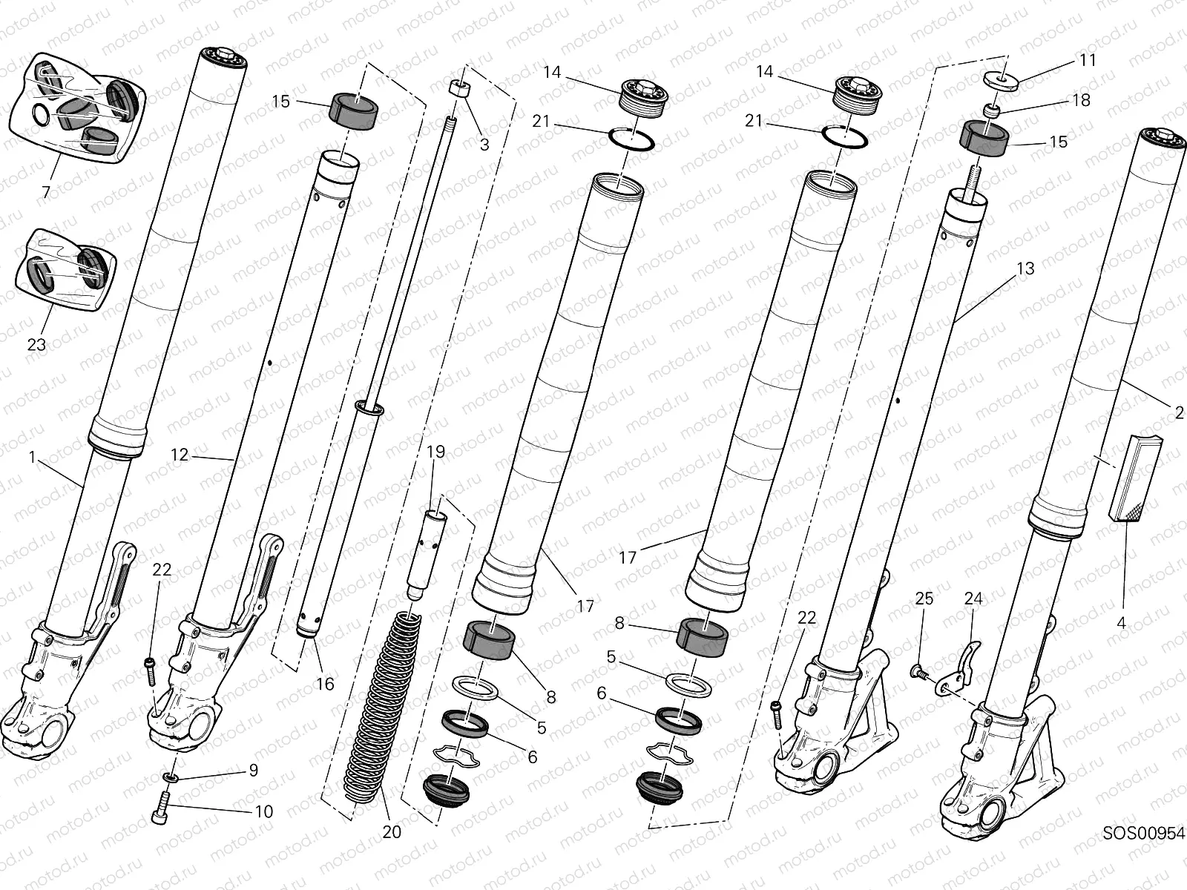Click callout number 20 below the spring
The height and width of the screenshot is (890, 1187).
coord(391,832)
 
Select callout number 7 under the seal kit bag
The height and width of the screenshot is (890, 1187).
coord(46,192)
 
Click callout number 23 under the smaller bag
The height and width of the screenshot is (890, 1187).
coord(36,344)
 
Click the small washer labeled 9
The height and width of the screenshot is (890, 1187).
coord(171,776)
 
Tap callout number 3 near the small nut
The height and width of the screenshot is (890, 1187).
coord(484,145)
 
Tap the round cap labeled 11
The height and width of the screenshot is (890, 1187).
coord(1001,79)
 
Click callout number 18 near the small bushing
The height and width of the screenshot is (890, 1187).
coord(1081,99)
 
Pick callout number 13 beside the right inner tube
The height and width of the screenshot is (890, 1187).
coord(1025,268)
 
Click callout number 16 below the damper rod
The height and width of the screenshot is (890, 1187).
coord(325,683)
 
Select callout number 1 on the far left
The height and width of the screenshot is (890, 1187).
coord(32,458)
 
